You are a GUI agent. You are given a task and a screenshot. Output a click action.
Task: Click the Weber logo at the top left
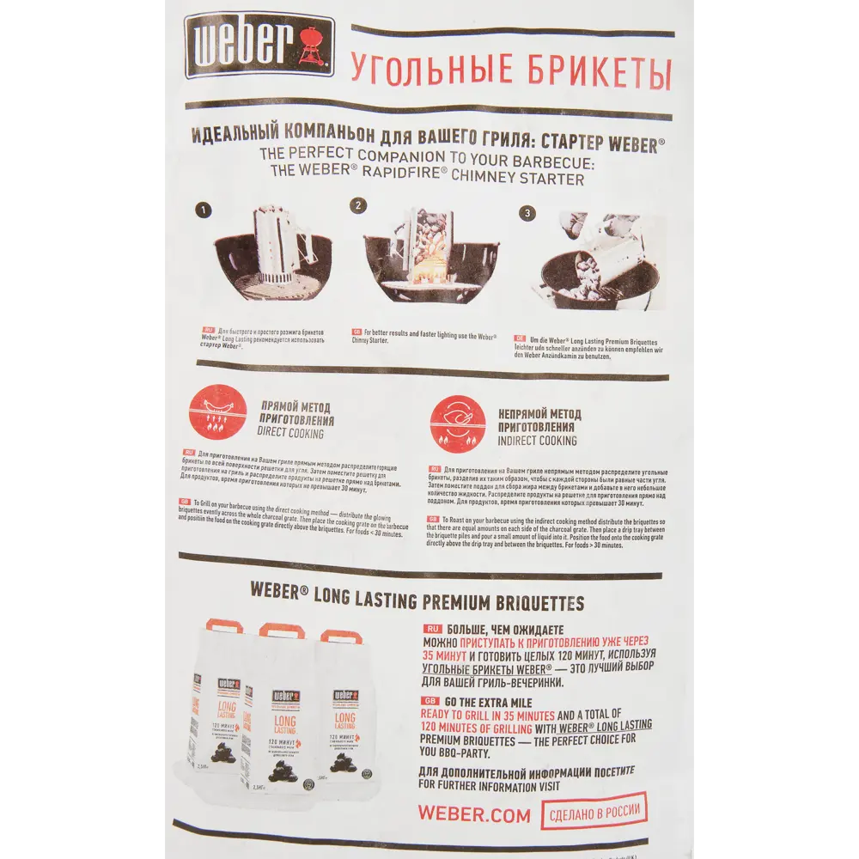click(259, 45)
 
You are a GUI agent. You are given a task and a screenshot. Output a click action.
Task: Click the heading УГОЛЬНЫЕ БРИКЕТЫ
click(509, 70)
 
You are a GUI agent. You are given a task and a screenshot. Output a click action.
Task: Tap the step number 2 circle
click(359, 206)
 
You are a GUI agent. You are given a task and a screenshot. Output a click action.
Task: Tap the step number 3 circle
click(528, 213)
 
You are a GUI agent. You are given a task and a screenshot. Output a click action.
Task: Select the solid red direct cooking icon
click(218, 412)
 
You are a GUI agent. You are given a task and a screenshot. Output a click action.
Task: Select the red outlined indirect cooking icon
click(458, 423)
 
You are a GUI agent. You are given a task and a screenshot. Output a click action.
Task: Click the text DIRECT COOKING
click(290, 435)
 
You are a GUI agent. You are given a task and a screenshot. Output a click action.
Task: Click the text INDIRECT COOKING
click(538, 441)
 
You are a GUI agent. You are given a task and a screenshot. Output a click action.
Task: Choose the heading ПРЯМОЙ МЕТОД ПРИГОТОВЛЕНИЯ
click(296, 414)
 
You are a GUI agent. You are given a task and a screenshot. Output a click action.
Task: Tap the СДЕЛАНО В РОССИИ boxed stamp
click(594, 810)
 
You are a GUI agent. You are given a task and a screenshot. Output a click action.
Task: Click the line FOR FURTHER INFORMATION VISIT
click(489, 785)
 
